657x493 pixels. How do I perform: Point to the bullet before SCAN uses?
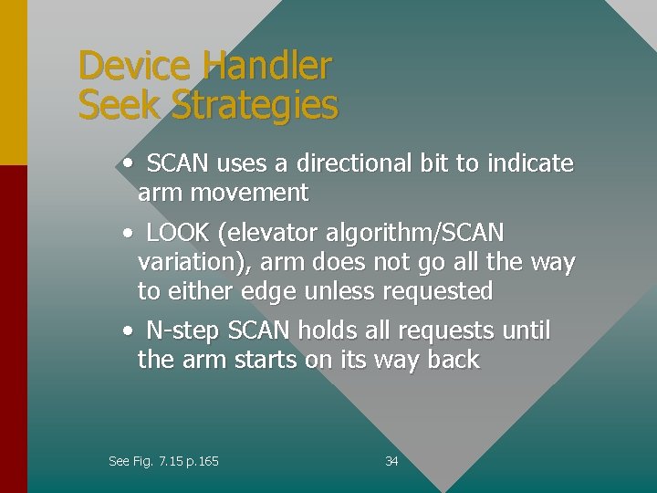(130, 163)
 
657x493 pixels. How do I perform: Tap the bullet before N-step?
(130, 330)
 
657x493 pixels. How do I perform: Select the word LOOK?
(178, 233)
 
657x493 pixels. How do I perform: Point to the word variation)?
(194, 263)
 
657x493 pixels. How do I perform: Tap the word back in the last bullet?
(453, 360)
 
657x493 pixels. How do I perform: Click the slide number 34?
(391, 462)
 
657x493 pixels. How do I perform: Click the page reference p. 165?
(202, 462)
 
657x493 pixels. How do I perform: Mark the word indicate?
(530, 163)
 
